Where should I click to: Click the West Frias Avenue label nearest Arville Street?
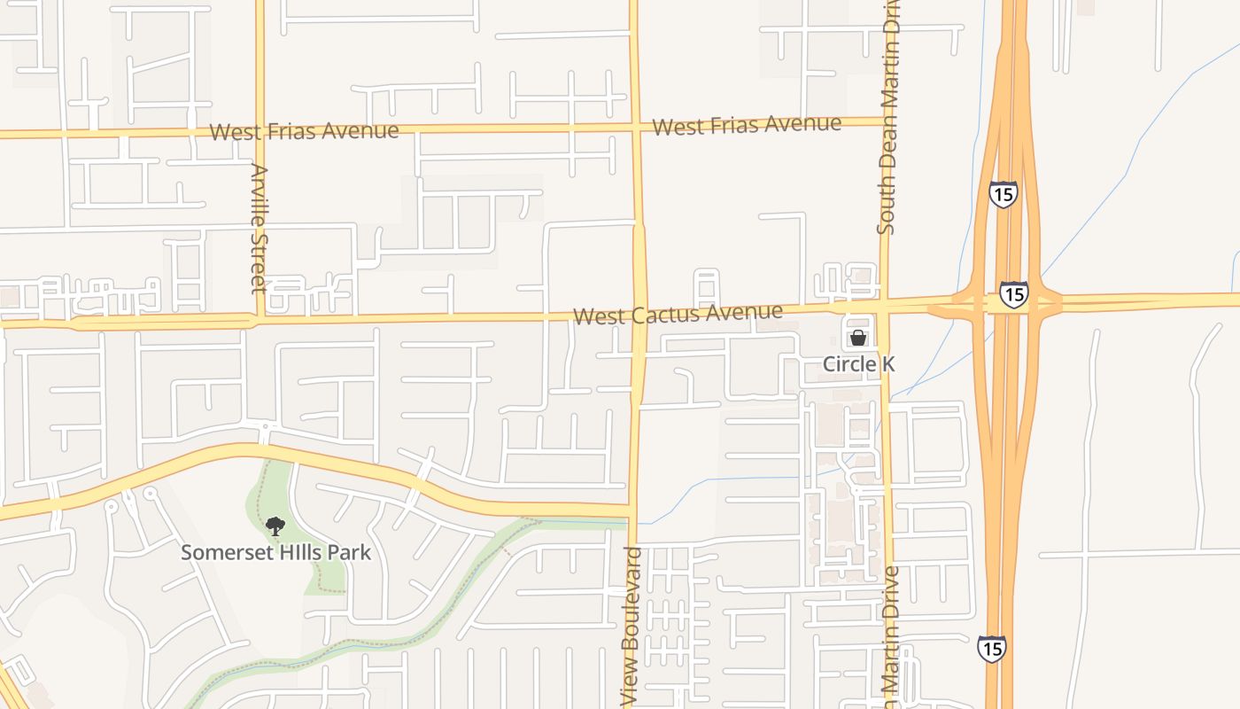click(x=304, y=131)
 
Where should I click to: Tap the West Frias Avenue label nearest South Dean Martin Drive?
click(x=746, y=125)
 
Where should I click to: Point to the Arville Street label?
click(x=259, y=228)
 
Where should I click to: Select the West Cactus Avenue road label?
click(x=678, y=314)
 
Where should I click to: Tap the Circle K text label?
click(x=858, y=364)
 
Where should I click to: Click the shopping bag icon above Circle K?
click(x=857, y=338)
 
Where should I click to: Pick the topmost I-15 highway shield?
click(x=1003, y=193)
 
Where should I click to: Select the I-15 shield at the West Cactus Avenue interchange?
click(x=1013, y=293)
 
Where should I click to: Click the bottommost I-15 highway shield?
click(x=991, y=648)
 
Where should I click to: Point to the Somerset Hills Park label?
click(x=275, y=552)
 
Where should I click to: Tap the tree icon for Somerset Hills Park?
click(x=275, y=526)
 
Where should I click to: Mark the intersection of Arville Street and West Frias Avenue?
click(x=260, y=132)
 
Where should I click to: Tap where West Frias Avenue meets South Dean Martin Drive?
click(x=887, y=122)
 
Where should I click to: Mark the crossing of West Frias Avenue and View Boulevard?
click(x=634, y=127)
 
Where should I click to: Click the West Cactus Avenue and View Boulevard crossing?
click(x=639, y=312)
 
